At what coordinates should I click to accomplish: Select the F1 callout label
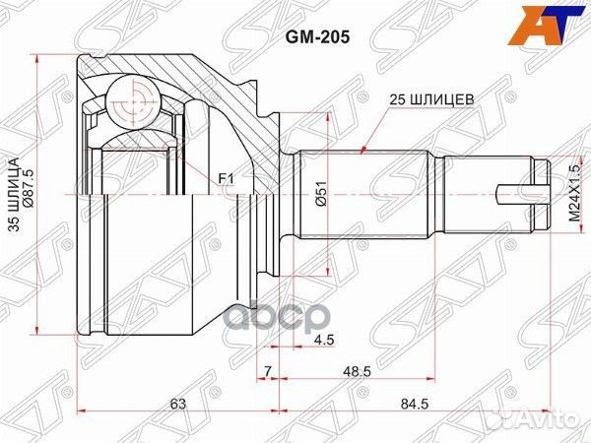[227, 178]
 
